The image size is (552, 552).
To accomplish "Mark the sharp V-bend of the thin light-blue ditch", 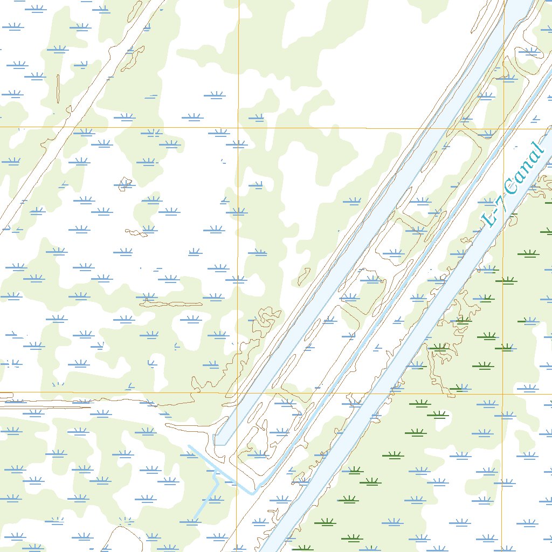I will [253, 493].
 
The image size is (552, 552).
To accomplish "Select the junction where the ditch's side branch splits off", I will [216, 471].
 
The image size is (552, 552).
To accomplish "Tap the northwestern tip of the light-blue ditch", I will [189, 446].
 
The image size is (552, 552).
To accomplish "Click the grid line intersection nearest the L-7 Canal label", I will [503, 128].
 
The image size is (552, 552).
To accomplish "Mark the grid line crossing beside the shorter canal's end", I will [237, 393].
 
